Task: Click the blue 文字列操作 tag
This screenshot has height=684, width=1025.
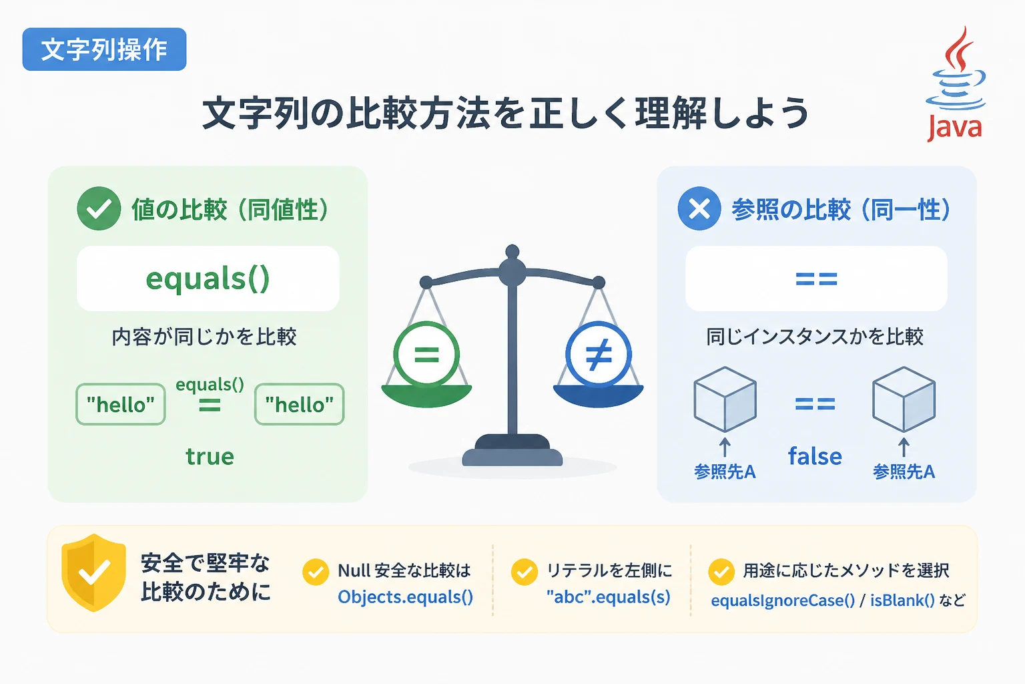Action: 104,49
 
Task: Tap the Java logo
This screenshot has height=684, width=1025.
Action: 956,84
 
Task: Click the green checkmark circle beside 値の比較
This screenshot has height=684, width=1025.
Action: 99,208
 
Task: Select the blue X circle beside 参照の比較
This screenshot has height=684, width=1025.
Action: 699,208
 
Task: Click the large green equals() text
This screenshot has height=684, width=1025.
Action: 208,279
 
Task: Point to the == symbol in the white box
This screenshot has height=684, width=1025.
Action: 816,279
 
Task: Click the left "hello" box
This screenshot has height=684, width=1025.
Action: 120,404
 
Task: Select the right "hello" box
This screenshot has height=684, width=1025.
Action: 299,404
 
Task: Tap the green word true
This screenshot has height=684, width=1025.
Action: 210,456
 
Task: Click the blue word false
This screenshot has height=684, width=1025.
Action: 815,456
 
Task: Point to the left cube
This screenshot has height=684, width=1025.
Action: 725,399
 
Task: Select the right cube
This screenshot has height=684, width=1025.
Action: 904,399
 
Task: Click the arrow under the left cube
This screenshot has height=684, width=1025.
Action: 725,448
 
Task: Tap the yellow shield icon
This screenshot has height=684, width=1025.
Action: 94,572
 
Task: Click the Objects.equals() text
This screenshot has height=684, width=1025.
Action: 406,597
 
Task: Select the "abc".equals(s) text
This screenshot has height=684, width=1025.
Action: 609,597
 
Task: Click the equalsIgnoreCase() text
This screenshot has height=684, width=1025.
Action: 783,600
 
